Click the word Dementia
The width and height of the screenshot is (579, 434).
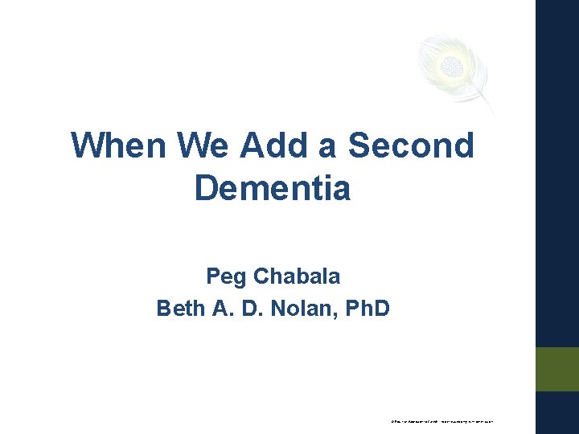point(273,189)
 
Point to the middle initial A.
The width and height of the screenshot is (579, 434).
point(221,308)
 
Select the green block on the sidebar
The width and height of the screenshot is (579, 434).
point(557,369)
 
